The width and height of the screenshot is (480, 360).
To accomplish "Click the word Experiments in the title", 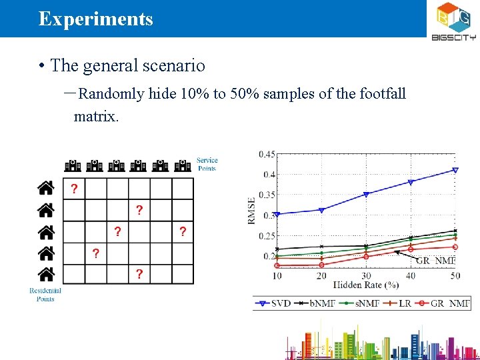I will pyautogui.click(x=95, y=19).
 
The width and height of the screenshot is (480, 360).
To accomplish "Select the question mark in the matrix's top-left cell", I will pyautogui.click(x=74, y=189).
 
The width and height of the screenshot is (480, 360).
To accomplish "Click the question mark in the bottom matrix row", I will pyautogui.click(x=139, y=274).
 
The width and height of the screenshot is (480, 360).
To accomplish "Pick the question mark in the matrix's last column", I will pyautogui.click(x=182, y=232).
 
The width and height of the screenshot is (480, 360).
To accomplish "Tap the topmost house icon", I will pyautogui.click(x=45, y=189).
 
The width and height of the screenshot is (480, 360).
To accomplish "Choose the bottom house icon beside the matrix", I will pyautogui.click(x=45, y=274).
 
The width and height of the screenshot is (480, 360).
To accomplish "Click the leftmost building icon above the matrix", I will pyautogui.click(x=73, y=166).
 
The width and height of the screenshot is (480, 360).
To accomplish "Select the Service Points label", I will pyautogui.click(x=207, y=164).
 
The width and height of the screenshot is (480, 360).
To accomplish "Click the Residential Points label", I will pyautogui.click(x=45, y=295).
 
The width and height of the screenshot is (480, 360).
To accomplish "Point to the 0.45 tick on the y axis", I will pyautogui.click(x=267, y=155).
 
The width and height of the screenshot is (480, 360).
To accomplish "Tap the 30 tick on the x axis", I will pyautogui.click(x=366, y=275).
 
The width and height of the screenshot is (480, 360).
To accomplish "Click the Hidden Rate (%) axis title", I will pyautogui.click(x=366, y=285).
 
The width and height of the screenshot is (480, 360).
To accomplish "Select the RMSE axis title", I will pyautogui.click(x=252, y=210).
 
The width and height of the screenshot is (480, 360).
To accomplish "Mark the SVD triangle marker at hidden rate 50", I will pyautogui.click(x=455, y=170).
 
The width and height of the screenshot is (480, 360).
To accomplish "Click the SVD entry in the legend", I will pyautogui.click(x=272, y=303).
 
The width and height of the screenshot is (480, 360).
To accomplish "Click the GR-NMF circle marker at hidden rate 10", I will pyautogui.click(x=277, y=265).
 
